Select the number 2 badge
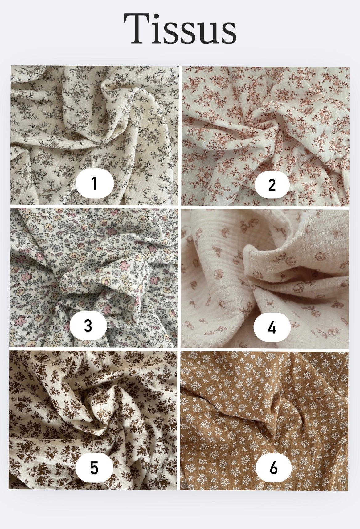(272, 185)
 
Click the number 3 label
(88, 326)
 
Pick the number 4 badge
(272, 328)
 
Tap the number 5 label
(94, 468)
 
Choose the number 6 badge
(273, 468)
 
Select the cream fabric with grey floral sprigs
(95, 135)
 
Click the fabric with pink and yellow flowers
(94, 278)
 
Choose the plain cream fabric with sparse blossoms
(265, 278)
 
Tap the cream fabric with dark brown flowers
(93, 420)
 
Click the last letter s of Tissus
(228, 33)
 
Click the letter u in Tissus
(207, 33)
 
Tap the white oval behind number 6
(273, 468)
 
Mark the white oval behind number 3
(88, 326)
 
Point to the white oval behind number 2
(272, 185)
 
